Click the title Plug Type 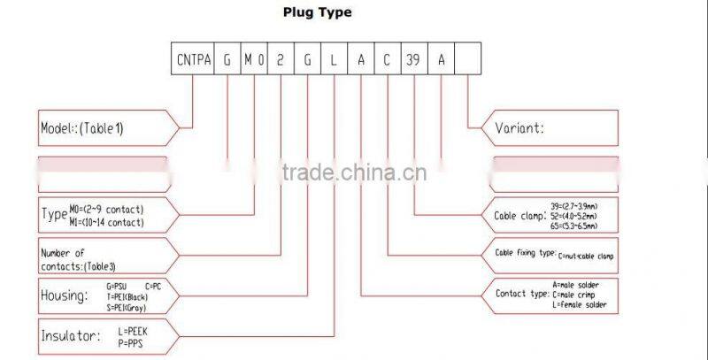317,12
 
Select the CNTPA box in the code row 192,61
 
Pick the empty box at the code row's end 468,61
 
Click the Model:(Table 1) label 82,128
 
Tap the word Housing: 65,296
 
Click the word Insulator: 70,336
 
